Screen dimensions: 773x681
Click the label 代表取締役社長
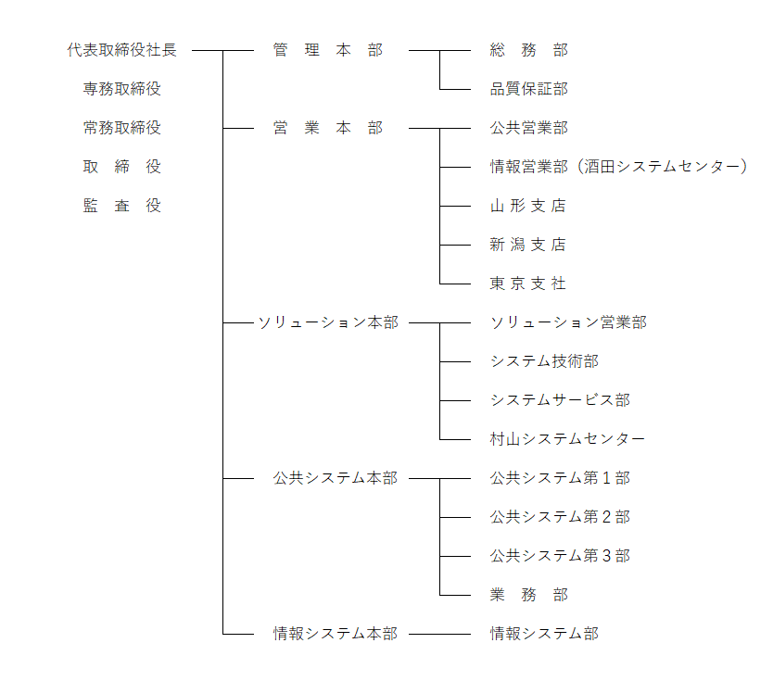[x=121, y=50]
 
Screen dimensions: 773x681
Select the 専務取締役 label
[x=121, y=89]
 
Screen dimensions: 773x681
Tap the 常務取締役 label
[x=121, y=128]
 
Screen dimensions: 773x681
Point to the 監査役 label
[x=121, y=206]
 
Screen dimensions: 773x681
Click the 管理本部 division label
[x=328, y=50]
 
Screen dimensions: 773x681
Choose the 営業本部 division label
[x=328, y=128]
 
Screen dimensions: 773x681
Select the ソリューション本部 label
[x=328, y=322]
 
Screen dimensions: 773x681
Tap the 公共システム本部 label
[x=336, y=478]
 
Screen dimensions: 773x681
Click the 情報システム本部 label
[x=336, y=634]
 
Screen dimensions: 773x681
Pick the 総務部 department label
[x=529, y=50]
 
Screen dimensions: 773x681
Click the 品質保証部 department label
[x=529, y=89]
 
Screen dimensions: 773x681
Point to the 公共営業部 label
[x=529, y=128]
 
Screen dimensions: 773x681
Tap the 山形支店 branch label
[x=528, y=206]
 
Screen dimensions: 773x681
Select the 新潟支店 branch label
[x=528, y=245]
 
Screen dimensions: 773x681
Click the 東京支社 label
[x=528, y=284]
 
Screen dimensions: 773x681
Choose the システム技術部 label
[x=544, y=361]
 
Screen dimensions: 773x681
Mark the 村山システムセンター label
[x=567, y=439]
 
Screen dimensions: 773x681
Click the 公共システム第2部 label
[x=560, y=517]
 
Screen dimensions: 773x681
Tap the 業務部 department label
[x=529, y=595]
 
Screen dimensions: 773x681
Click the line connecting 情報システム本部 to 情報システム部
[x=439, y=634]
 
